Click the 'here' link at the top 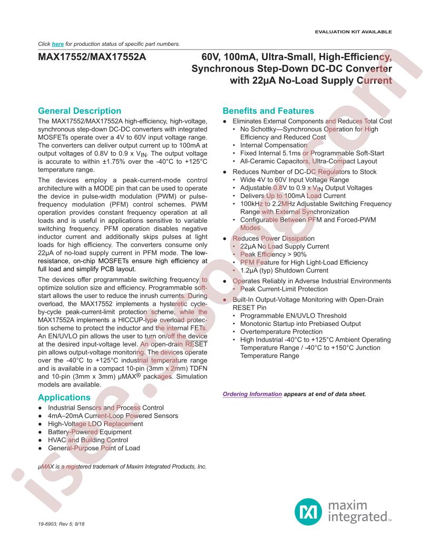(x=58, y=44)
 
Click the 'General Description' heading (x=80, y=111)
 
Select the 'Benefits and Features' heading (x=268, y=111)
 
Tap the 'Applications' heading (x=64, y=398)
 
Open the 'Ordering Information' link (x=252, y=394)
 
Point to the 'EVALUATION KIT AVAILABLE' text (x=353, y=32)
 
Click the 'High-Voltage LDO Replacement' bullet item (x=95, y=424)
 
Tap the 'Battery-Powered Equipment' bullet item (x=90, y=432)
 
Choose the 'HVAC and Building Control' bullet (x=88, y=440)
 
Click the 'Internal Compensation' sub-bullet (x=273, y=145)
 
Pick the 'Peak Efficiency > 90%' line (x=273, y=254)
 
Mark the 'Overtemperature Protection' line (x=281, y=332)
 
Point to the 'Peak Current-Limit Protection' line (x=284, y=289)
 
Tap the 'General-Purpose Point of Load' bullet (x=94, y=448)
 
